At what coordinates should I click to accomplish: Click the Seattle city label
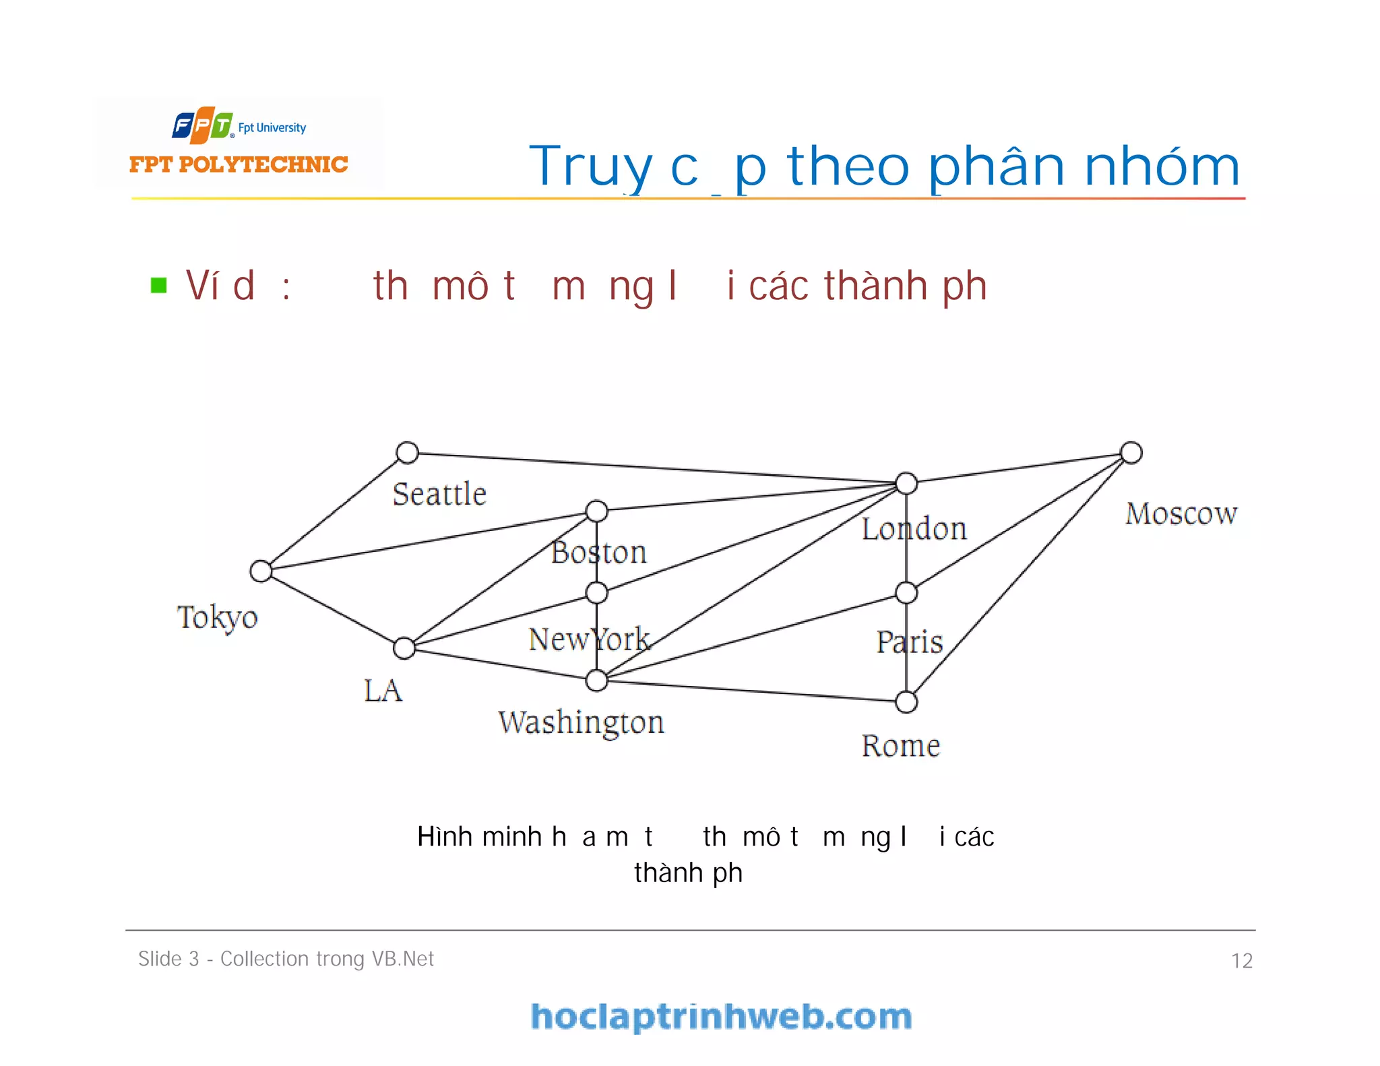pos(439,495)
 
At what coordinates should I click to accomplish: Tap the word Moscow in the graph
pos(1181,514)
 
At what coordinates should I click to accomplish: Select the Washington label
pos(581,722)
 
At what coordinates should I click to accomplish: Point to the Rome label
pos(901,746)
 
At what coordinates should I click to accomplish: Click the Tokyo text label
pos(217,617)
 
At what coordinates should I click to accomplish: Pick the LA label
pos(383,691)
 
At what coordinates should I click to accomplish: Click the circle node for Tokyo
pos(261,571)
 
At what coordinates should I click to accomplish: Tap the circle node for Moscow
pos(1131,453)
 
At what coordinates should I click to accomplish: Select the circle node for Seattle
pos(407,452)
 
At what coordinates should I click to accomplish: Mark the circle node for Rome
pos(906,702)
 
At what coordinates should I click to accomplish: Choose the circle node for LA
pos(404,648)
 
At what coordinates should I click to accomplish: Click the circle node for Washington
pos(596,681)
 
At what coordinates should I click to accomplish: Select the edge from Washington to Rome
pos(751,691)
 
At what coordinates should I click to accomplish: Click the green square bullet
pos(159,286)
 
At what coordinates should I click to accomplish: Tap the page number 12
pos(1241,961)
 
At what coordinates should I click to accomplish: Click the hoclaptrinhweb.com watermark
pos(721,1016)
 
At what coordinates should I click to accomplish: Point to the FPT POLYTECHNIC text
pos(239,164)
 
